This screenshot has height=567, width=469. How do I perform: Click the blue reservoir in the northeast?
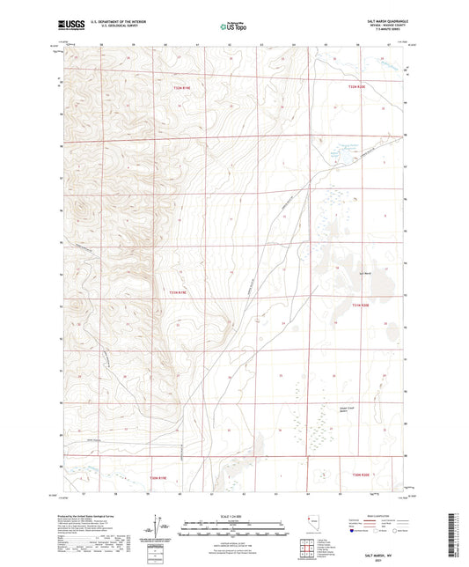pyautogui.click(x=334, y=153)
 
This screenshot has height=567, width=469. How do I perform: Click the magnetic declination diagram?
pyautogui.click(x=158, y=526)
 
